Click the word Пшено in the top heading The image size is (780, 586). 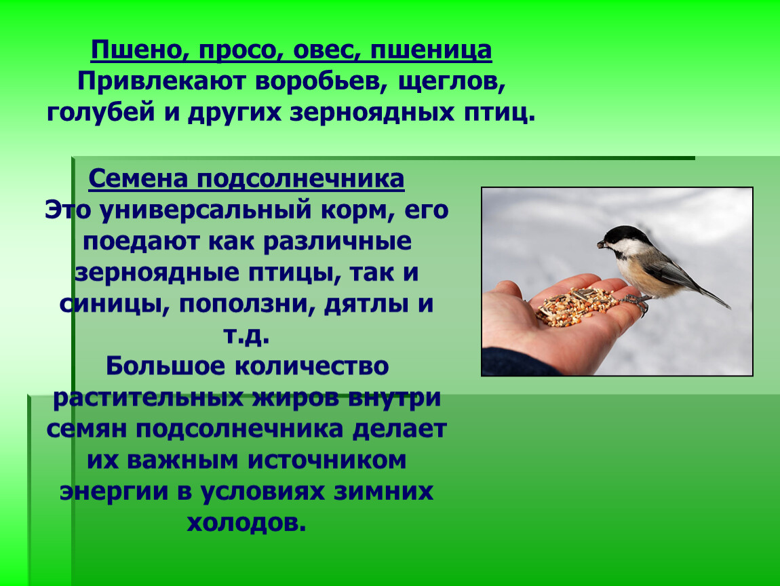(132, 50)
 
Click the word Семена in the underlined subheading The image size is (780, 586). (138, 179)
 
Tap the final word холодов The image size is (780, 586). (247, 523)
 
